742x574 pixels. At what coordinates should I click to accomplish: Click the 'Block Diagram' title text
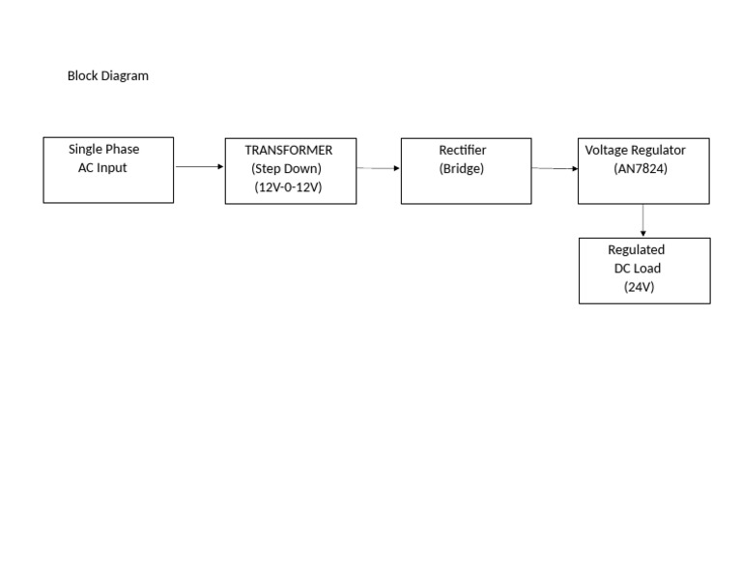pos(107,75)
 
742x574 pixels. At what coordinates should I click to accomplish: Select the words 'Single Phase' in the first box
pos(103,149)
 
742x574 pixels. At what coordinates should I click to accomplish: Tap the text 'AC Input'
pos(102,167)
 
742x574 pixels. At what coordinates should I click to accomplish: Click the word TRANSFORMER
pos(288,150)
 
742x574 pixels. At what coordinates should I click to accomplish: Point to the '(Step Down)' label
pos(286,168)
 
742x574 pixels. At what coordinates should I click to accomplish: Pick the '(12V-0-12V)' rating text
pos(288,187)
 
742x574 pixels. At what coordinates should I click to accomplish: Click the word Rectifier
pos(462,150)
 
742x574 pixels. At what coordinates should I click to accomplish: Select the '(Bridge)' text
pos(461,168)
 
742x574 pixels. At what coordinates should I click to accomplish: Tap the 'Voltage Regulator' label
pos(635,150)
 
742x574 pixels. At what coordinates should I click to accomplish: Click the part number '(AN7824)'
pos(640,168)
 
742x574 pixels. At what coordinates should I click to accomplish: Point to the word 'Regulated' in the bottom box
pos(636,249)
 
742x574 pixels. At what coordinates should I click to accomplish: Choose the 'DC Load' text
pos(637,268)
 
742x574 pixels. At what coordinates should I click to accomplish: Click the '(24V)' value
pos(639,286)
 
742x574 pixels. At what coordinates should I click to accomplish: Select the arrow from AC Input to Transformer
pos(199,167)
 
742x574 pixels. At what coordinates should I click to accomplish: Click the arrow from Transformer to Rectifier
pos(378,168)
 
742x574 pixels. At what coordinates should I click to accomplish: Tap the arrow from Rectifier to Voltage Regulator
pos(554,169)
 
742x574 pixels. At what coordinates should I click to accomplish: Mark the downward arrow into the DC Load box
pos(642,220)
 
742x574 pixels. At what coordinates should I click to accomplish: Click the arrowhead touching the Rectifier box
pos(396,168)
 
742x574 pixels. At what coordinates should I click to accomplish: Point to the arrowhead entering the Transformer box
pos(220,167)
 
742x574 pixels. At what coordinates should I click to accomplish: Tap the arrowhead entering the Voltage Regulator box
pos(574,169)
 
